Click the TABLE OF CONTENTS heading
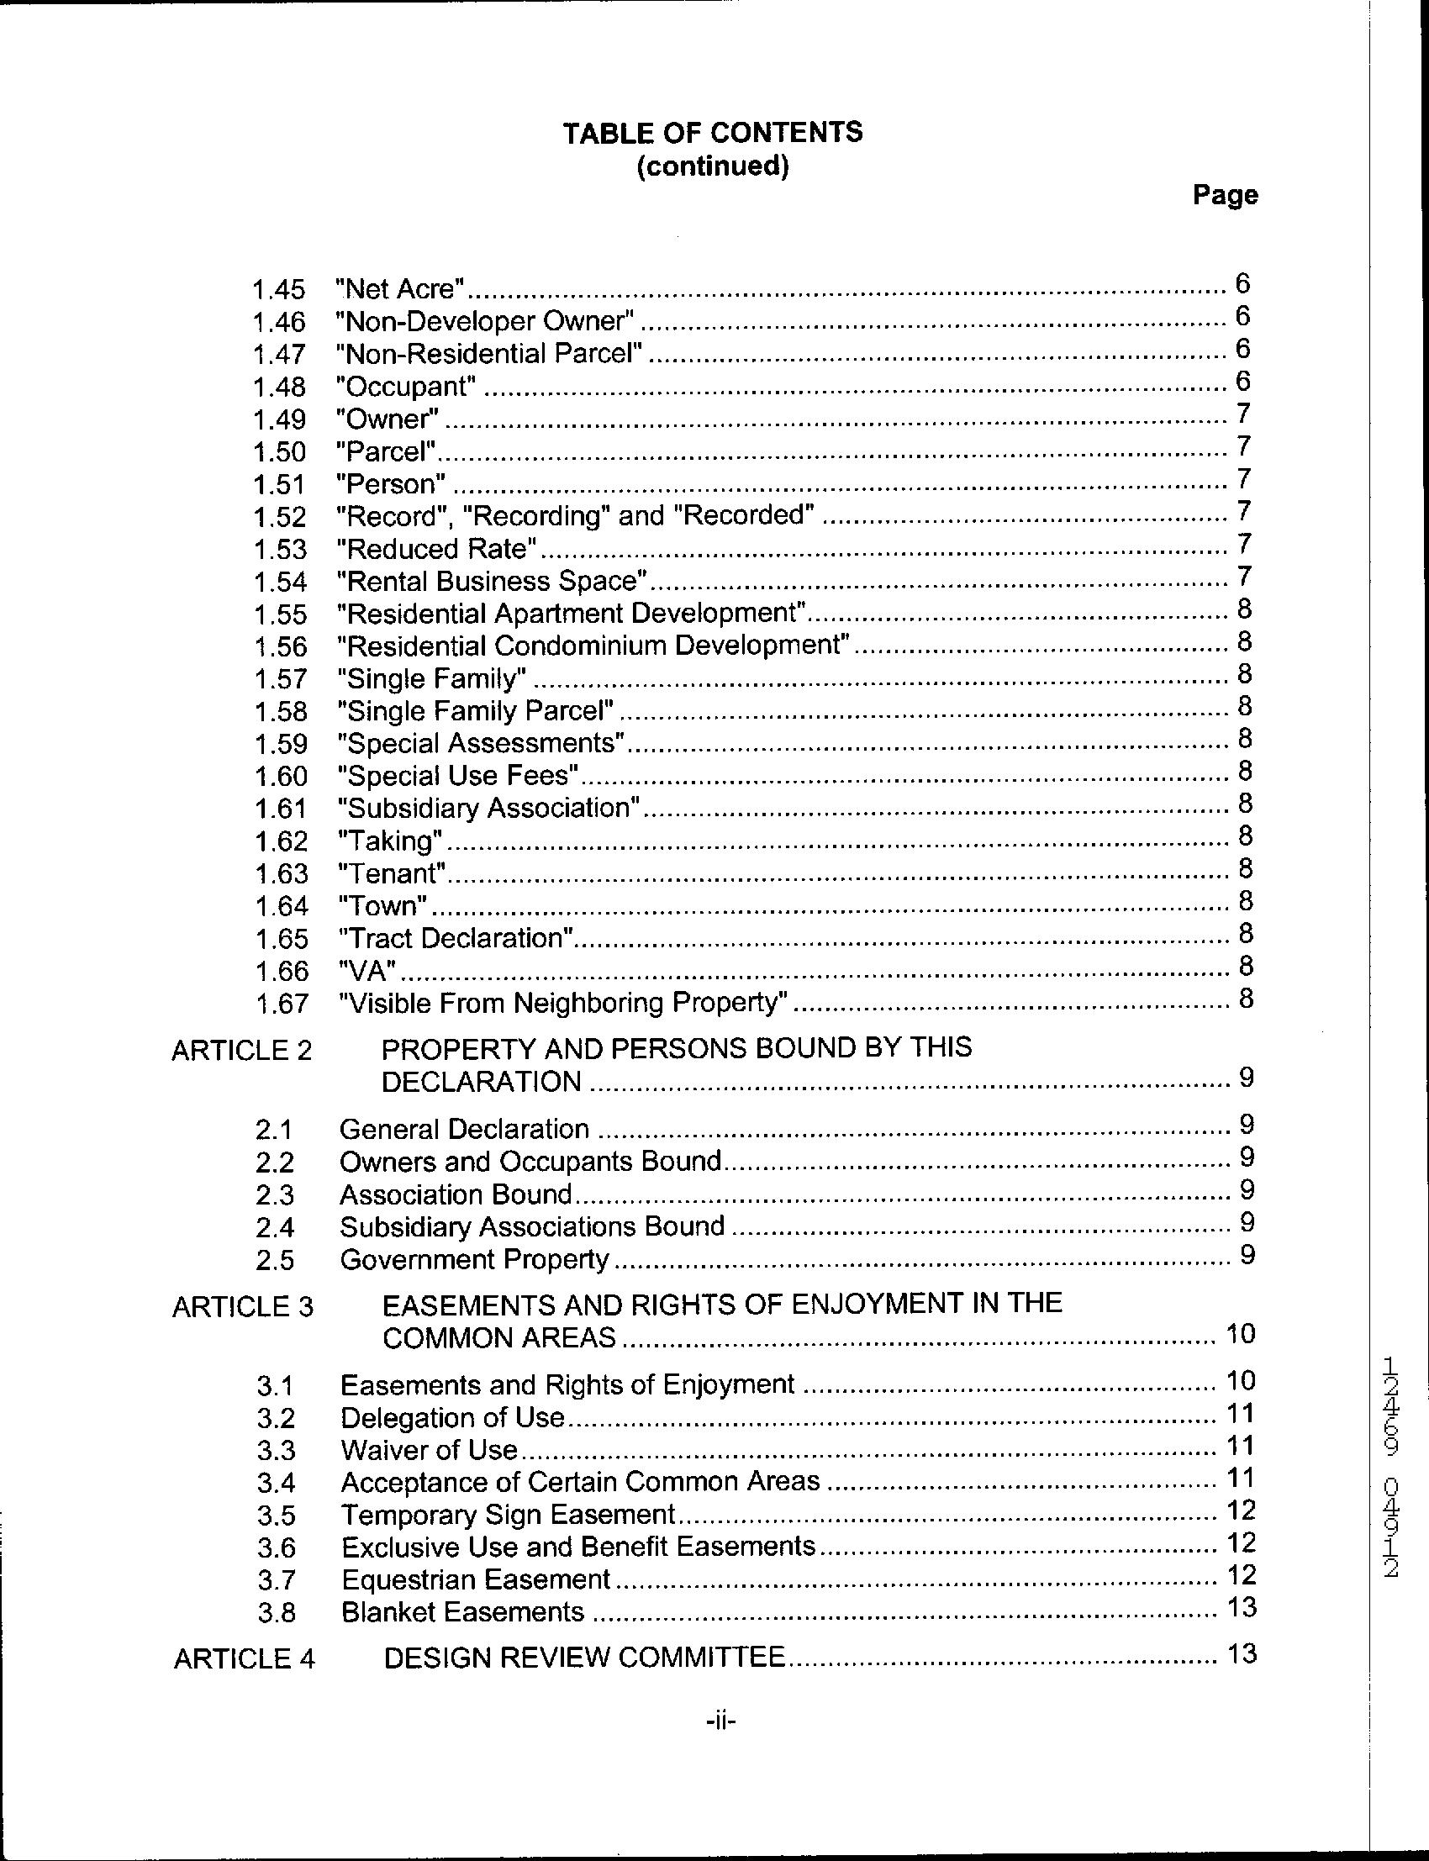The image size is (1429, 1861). click(x=713, y=133)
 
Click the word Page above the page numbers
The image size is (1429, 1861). click(x=1225, y=196)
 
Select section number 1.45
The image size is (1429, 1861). click(x=278, y=290)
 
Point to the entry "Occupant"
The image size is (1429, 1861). click(x=406, y=387)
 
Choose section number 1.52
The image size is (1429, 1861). click(x=280, y=517)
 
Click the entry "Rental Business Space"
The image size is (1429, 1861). click(x=493, y=582)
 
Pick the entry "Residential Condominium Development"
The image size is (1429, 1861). click(x=593, y=646)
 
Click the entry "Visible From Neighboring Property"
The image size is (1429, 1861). click(x=562, y=1004)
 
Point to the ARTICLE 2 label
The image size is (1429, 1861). click(x=241, y=1052)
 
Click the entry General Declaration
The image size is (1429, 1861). click(x=464, y=1130)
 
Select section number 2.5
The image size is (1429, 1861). click(x=275, y=1260)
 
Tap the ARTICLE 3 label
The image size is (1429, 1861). click(x=242, y=1307)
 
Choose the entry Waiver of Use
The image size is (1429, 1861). click(x=430, y=1450)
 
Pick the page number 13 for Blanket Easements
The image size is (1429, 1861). click(x=1242, y=1607)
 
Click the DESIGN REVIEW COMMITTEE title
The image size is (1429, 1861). click(x=584, y=1658)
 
